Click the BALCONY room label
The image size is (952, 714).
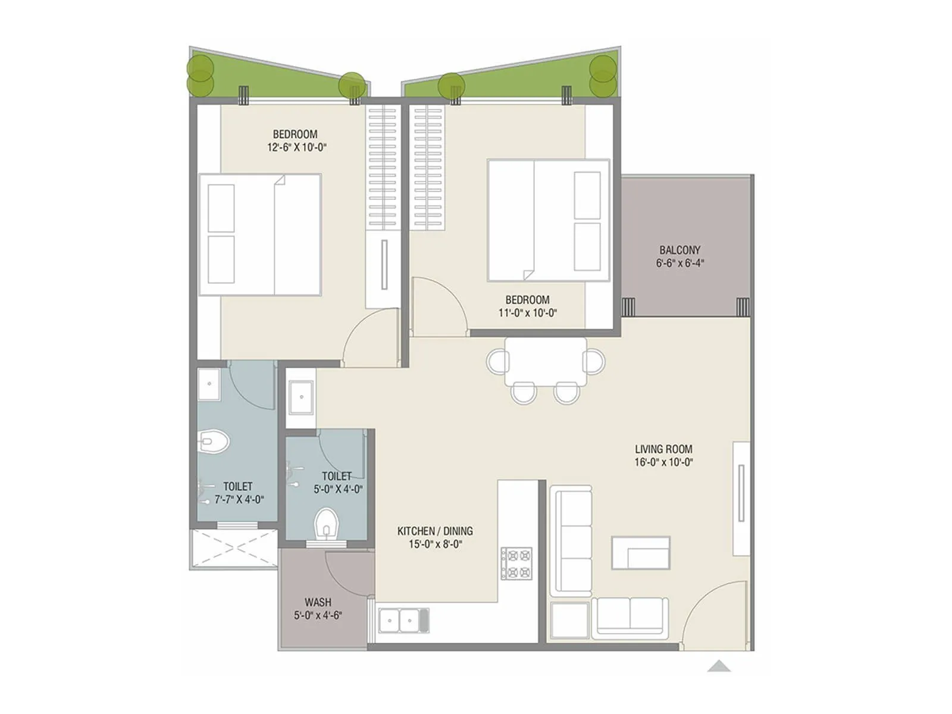[679, 250]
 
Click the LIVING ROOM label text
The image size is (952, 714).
[663, 449]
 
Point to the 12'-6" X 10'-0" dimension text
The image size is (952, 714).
[297, 148]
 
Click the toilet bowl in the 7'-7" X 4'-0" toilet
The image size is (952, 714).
[215, 441]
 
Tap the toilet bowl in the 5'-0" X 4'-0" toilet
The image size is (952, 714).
[325, 524]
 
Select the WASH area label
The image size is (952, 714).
[318, 602]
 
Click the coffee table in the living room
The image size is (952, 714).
[641, 553]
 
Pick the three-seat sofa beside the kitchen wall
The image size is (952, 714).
[571, 540]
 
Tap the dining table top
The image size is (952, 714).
[545, 362]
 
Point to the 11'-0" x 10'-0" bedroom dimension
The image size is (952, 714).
[528, 313]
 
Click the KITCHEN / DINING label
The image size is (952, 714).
[435, 531]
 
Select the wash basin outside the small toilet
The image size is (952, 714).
[300, 397]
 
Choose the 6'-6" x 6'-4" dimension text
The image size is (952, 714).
[679, 263]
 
